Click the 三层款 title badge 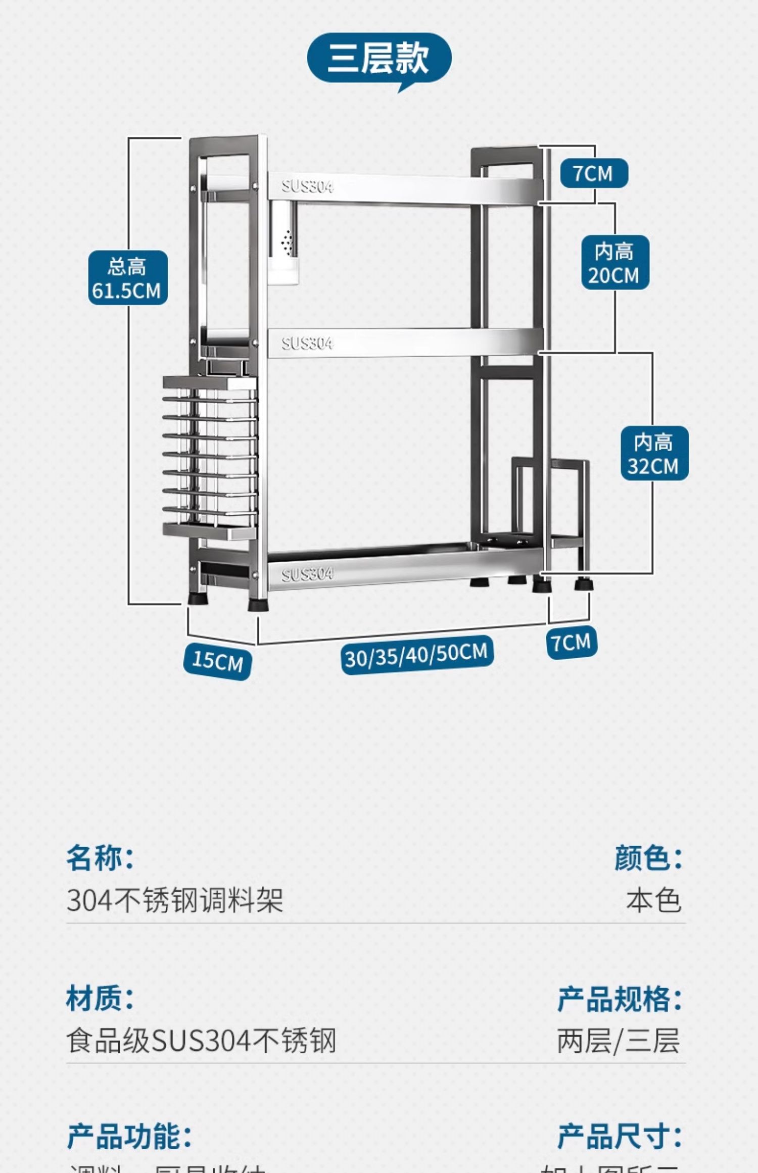pos(379,58)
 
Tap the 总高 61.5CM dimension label pos(128,278)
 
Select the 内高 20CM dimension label pos(615,263)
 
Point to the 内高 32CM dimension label pos(654,453)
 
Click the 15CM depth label pos(217,660)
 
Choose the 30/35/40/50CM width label pos(416,655)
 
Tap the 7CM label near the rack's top pos(594,173)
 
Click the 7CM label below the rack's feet pos(572,643)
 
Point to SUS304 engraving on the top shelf pos(307,186)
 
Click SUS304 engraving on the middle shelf pos(307,344)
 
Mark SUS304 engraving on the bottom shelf pos(307,574)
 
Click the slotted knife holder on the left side pos(210,455)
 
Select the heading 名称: pos(100,857)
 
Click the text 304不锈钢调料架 pos(174,900)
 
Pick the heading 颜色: pos(648,857)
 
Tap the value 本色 pos(653,900)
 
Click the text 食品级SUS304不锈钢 pos(201,1041)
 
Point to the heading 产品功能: pos(129,1136)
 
